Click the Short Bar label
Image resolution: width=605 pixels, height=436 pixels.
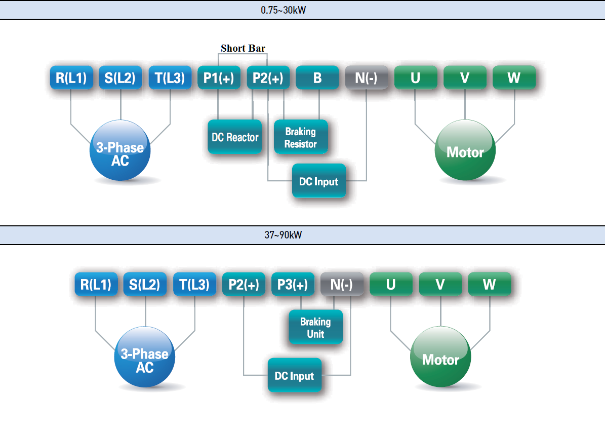click(x=243, y=48)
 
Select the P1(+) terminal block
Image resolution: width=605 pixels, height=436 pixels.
click(x=219, y=77)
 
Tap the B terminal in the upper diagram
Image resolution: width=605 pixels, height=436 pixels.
click(x=317, y=77)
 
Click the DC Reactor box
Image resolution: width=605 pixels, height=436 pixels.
click(x=235, y=137)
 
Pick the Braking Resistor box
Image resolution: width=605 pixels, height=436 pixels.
click(x=301, y=137)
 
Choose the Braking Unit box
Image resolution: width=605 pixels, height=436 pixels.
click(x=315, y=327)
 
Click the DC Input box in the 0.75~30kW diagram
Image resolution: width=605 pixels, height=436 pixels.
click(x=319, y=181)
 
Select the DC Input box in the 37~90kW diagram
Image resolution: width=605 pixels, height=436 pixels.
click(x=294, y=375)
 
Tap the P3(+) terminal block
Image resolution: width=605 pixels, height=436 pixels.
click(x=293, y=284)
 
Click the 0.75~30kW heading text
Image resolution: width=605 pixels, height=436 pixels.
click(x=284, y=10)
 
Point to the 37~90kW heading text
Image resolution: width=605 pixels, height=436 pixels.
click(x=283, y=235)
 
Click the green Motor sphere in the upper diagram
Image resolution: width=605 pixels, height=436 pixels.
click(x=465, y=151)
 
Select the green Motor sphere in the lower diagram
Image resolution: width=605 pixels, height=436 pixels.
click(x=440, y=359)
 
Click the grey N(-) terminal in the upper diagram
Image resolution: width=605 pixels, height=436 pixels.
click(x=367, y=77)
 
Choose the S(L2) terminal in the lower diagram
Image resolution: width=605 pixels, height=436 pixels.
click(x=145, y=284)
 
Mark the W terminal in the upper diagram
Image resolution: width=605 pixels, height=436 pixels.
click(x=514, y=77)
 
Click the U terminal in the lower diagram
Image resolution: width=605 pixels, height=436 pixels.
click(x=391, y=284)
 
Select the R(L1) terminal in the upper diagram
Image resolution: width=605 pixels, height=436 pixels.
click(x=71, y=77)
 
